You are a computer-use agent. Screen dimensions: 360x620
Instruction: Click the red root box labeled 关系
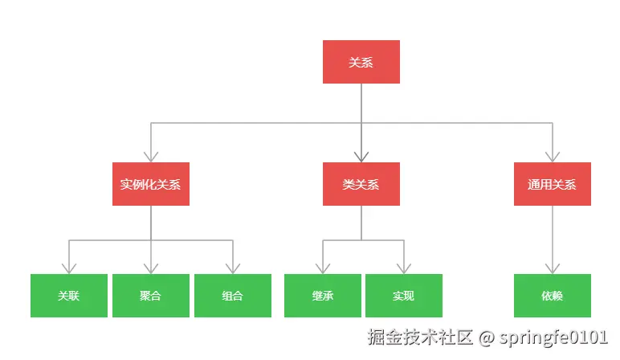tap(361, 62)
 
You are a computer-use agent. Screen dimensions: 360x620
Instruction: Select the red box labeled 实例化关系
tap(150, 184)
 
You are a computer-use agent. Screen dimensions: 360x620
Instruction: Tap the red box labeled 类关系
tap(361, 184)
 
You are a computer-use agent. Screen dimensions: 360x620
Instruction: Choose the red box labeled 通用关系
tap(552, 184)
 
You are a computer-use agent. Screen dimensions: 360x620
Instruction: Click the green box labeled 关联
tap(68, 296)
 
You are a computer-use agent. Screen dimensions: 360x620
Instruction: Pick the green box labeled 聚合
tap(150, 296)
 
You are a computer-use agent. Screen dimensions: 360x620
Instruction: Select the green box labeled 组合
tap(232, 296)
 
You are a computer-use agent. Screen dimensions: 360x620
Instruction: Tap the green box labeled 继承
tap(322, 296)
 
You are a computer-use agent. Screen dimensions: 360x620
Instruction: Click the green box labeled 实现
tap(403, 296)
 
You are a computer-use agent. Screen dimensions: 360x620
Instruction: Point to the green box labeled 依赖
tap(552, 296)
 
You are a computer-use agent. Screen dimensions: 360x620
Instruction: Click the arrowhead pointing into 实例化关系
tap(150, 156)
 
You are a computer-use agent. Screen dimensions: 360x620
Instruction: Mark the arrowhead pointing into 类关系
tap(361, 156)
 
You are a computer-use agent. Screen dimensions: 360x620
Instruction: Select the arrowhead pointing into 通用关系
tap(552, 156)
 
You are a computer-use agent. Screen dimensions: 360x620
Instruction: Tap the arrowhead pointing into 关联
tap(68, 268)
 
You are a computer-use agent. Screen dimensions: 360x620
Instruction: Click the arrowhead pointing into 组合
tap(232, 268)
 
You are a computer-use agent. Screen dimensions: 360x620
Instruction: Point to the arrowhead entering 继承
tap(322, 268)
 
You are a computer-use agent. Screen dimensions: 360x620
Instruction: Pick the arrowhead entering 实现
tap(403, 268)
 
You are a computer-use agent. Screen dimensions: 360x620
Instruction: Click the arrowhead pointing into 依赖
tap(552, 268)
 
